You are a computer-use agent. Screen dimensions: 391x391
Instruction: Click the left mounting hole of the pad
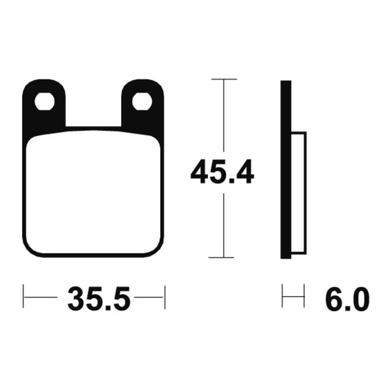tap(44, 101)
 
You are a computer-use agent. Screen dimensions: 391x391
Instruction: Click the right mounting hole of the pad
tap(142, 101)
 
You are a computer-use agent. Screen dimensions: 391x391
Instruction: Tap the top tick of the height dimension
tap(223, 79)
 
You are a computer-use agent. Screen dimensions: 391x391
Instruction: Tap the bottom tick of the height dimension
tap(223, 257)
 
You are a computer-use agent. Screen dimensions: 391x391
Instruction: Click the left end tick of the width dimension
tap(24, 297)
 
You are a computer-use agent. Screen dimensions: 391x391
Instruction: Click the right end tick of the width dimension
tap(165, 297)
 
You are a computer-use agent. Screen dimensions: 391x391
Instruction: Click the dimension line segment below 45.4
tap(223, 225)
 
